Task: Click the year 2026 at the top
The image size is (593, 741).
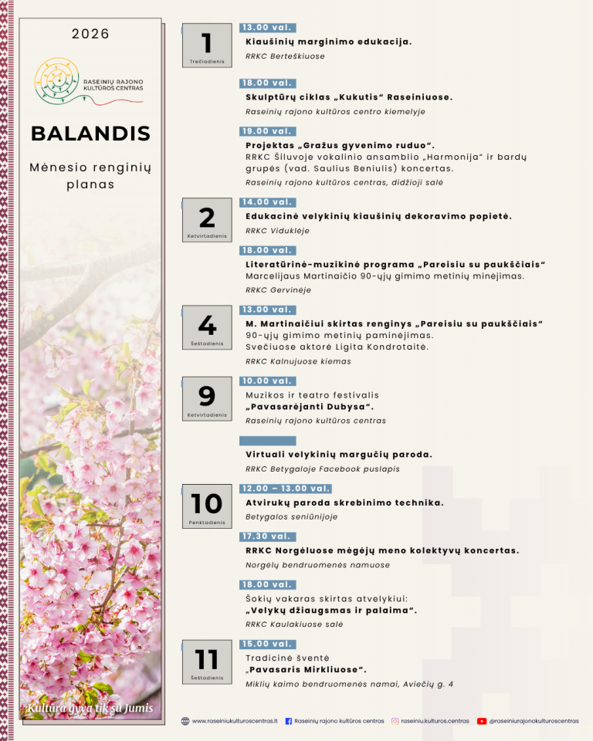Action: (x=90, y=34)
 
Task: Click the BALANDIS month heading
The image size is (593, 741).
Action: (x=90, y=133)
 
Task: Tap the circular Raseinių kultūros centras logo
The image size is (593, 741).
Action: (x=56, y=80)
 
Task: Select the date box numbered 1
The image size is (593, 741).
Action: (x=206, y=46)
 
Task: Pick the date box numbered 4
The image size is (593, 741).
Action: (x=206, y=328)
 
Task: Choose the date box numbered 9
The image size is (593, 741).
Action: (x=206, y=399)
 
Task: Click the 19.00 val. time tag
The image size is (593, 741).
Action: (x=266, y=131)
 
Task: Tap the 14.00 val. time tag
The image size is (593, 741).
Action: (x=266, y=202)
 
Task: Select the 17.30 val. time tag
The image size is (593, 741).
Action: (x=266, y=536)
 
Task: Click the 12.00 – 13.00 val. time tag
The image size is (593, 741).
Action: (x=285, y=489)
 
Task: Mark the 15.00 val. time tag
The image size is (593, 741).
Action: (x=266, y=644)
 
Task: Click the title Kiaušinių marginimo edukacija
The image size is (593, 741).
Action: (x=328, y=42)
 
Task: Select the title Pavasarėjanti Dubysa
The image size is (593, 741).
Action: (x=310, y=408)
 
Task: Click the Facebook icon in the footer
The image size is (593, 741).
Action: (x=289, y=721)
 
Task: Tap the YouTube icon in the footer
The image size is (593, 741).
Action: (x=482, y=721)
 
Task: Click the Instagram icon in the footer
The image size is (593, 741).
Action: (x=395, y=721)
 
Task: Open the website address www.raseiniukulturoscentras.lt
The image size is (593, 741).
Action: (x=234, y=721)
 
